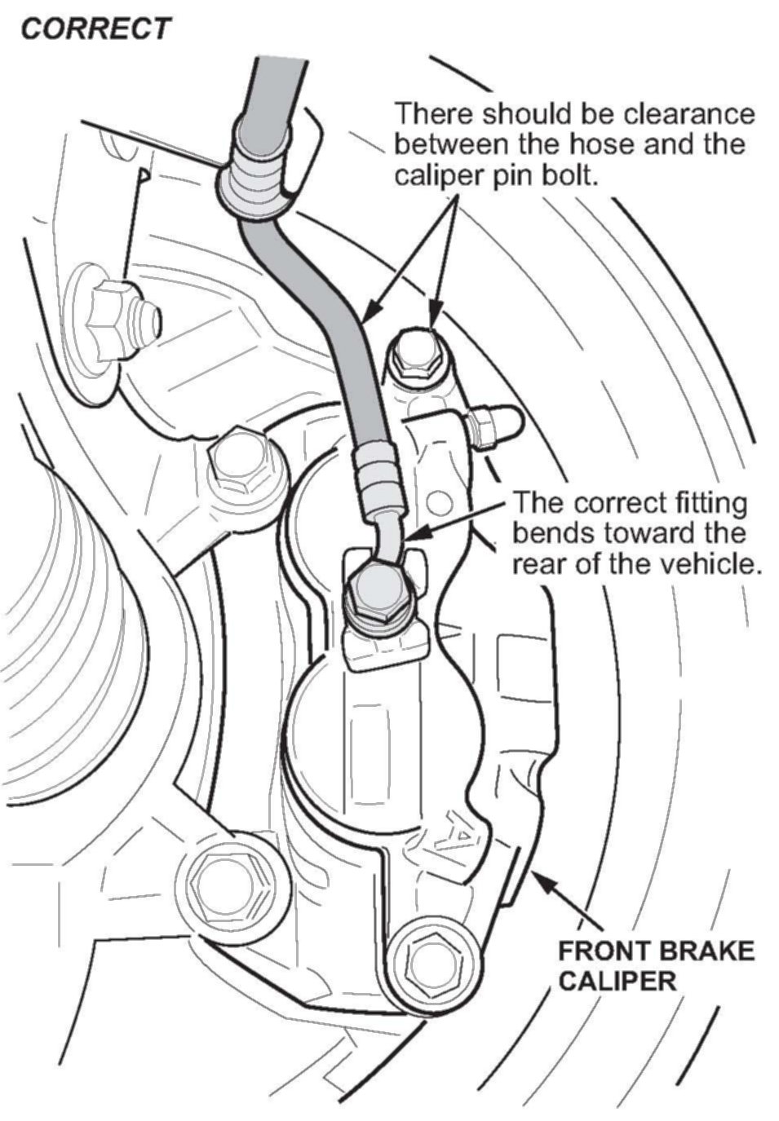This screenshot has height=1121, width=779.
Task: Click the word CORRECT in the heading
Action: tap(95, 29)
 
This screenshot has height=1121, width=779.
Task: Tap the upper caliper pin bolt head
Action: tap(415, 354)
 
